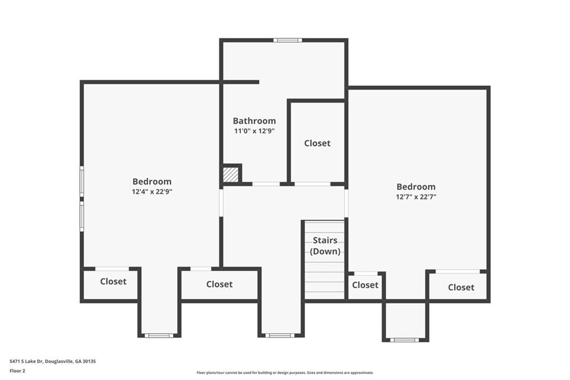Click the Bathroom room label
pos(254,121)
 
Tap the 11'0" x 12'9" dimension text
pos(254,131)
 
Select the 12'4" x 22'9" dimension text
pos(152,192)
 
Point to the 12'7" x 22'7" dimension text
pos(416,197)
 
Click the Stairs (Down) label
pos(325,246)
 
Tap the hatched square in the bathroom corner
pos(230,174)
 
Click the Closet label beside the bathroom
pos(317,143)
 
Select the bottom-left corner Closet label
pos(114,281)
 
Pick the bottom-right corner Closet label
pos(461,287)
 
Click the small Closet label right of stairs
pos(365,285)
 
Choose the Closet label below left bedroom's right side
pos(219,284)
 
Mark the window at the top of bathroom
pos(288,40)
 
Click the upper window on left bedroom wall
pos(82,181)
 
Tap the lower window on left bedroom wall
pos(82,216)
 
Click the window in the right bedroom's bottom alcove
pos(405,340)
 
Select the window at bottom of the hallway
pos(279,335)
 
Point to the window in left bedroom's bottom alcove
pos(159,335)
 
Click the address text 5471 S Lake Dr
pos(26,362)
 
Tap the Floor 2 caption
pos(17,371)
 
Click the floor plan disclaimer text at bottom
pos(285,373)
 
